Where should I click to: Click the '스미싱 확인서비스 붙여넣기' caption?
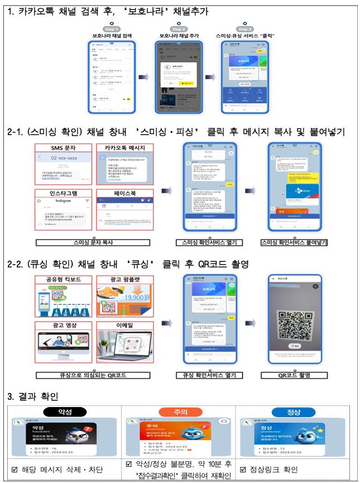pos(294,243)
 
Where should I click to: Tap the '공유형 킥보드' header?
pos(63,279)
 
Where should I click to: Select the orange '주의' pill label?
pos(180,412)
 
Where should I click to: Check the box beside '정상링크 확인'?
pos(243,469)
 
